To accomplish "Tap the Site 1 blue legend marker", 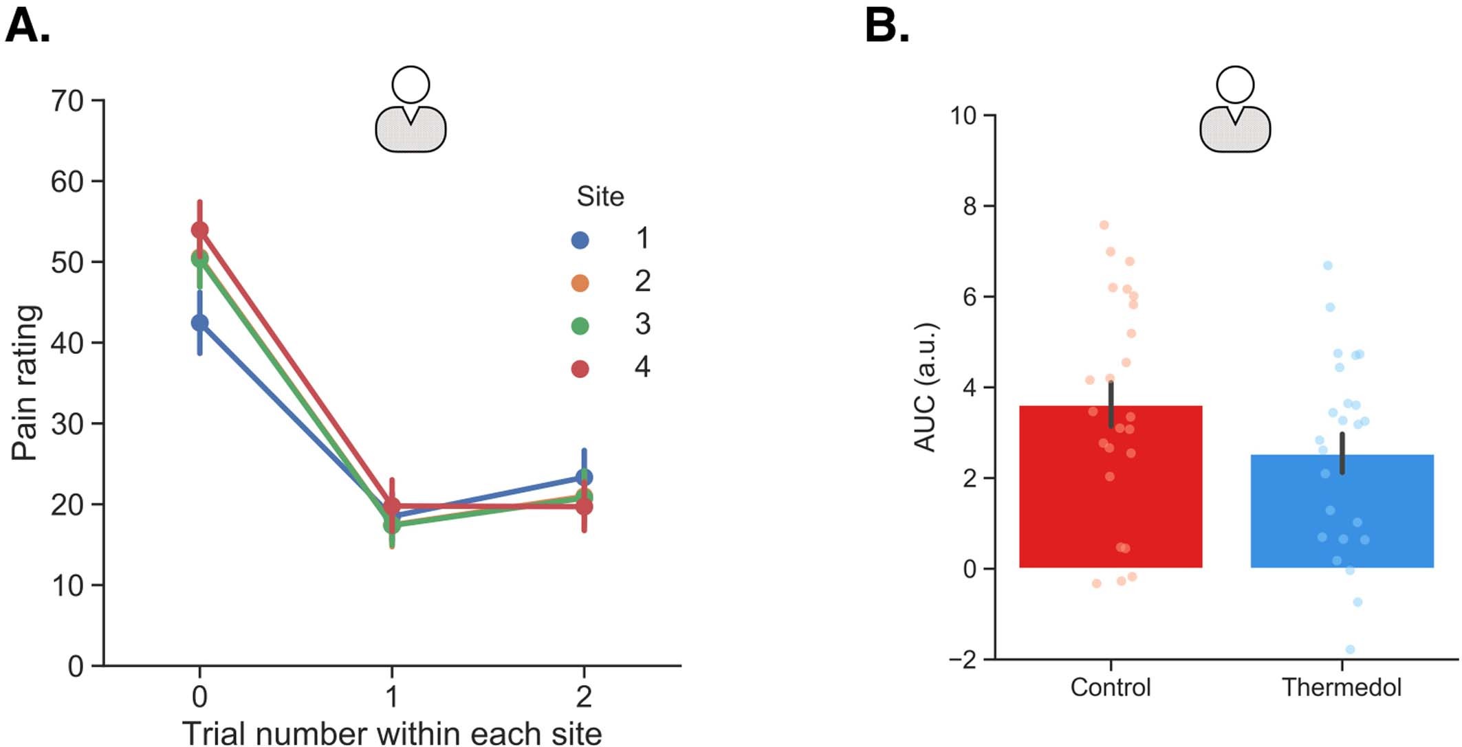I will point(580,240).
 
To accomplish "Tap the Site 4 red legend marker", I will point(580,369).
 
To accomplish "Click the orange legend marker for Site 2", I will point(580,283).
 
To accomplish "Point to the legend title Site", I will point(600,197).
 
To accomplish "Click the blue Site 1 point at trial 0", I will point(199,322).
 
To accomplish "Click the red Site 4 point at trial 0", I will point(199,230).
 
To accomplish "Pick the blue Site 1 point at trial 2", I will point(584,477).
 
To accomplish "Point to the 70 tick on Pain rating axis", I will point(67,101).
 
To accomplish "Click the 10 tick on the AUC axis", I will point(963,115).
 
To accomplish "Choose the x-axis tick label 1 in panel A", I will point(391,697).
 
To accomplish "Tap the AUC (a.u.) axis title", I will point(926,386).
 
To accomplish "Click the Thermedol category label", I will point(1341,687).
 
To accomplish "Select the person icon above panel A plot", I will point(411,109).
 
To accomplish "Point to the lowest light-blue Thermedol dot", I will point(1350,649).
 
